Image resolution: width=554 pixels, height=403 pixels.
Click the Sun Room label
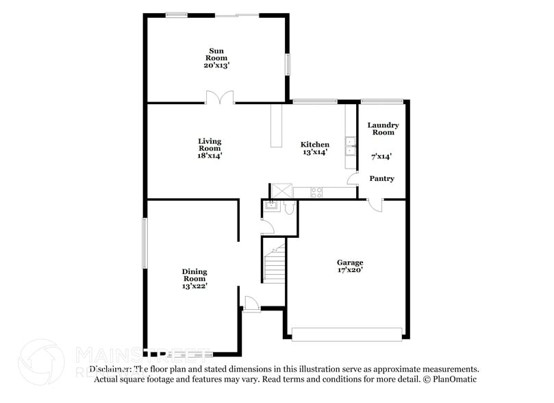pyautogui.click(x=216, y=54)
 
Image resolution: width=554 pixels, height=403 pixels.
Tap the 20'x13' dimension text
pyautogui.click(x=216, y=66)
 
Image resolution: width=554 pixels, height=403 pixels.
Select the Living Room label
pyautogui.click(x=210, y=145)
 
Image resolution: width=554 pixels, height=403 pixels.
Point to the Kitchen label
pyautogui.click(x=315, y=145)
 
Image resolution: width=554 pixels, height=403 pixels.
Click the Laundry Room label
pyautogui.click(x=383, y=128)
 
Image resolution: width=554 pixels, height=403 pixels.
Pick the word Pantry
pyautogui.click(x=381, y=179)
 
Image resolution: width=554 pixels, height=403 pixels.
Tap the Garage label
pyautogui.click(x=349, y=262)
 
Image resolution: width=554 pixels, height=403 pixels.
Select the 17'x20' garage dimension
pyautogui.click(x=349, y=270)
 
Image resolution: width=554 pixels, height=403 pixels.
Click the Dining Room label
pyautogui.click(x=194, y=275)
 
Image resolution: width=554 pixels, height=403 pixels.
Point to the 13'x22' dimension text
pyautogui.click(x=194, y=286)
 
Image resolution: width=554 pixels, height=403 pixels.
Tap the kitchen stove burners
pyautogui.click(x=317, y=190)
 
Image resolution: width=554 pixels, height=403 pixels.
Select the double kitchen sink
pyautogui.click(x=350, y=147)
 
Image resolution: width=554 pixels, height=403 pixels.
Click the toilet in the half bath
pyautogui.click(x=288, y=208)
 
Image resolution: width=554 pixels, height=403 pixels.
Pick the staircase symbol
pyautogui.click(x=275, y=263)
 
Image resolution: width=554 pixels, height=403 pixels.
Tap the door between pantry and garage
pyautogui.click(x=373, y=204)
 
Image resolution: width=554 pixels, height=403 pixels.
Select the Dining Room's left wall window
pyautogui.click(x=144, y=243)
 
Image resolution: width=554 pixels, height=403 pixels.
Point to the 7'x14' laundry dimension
pyautogui.click(x=381, y=157)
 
